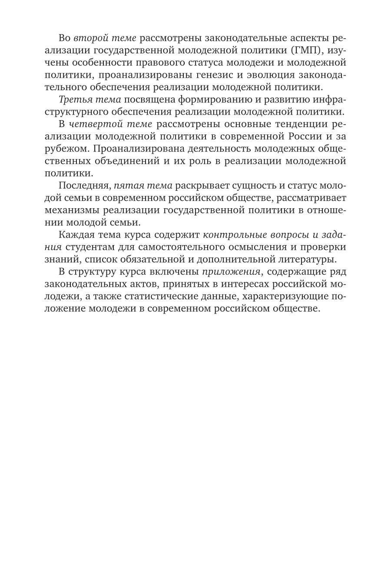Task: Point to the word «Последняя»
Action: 81,186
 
